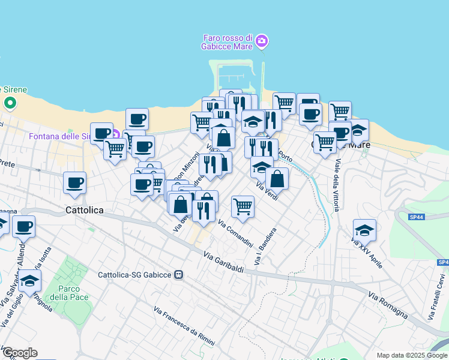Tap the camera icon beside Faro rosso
tap(261, 41)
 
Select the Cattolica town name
tap(84, 210)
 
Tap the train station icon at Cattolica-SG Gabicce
tap(179, 275)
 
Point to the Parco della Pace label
tap(69, 293)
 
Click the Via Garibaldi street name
tap(223, 262)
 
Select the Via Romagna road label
tap(388, 305)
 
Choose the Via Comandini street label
tap(235, 234)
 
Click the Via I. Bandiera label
tap(266, 247)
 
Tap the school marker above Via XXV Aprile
tap(364, 230)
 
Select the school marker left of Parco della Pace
tap(29, 280)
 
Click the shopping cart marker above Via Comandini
tap(243, 206)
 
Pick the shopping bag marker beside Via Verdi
tap(277, 178)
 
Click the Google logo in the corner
tap(19, 353)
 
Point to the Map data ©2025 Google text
tap(412, 355)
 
